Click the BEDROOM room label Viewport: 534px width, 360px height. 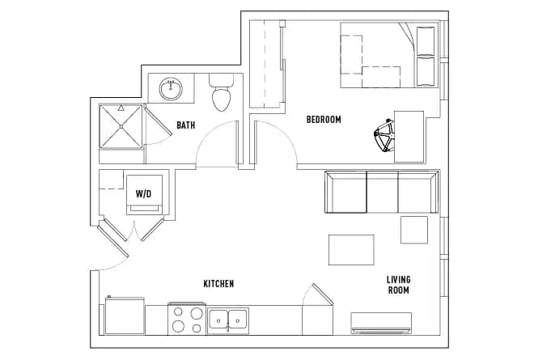tap(324, 120)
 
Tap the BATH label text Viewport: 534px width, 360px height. tap(186, 125)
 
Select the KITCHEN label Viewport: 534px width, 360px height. tap(218, 284)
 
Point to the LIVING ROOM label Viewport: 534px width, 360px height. tap(398, 284)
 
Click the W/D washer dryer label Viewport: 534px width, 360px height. tap(144, 194)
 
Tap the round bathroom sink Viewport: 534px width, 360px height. tap(171, 87)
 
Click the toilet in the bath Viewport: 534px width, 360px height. tap(220, 97)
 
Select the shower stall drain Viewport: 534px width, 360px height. tap(121, 126)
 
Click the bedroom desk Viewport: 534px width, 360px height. tap(409, 136)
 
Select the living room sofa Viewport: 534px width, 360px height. tap(380, 193)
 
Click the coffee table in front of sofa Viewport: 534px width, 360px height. tap(351, 249)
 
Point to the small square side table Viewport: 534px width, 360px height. tap(414, 230)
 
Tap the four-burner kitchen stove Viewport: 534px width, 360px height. tap(187, 319)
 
